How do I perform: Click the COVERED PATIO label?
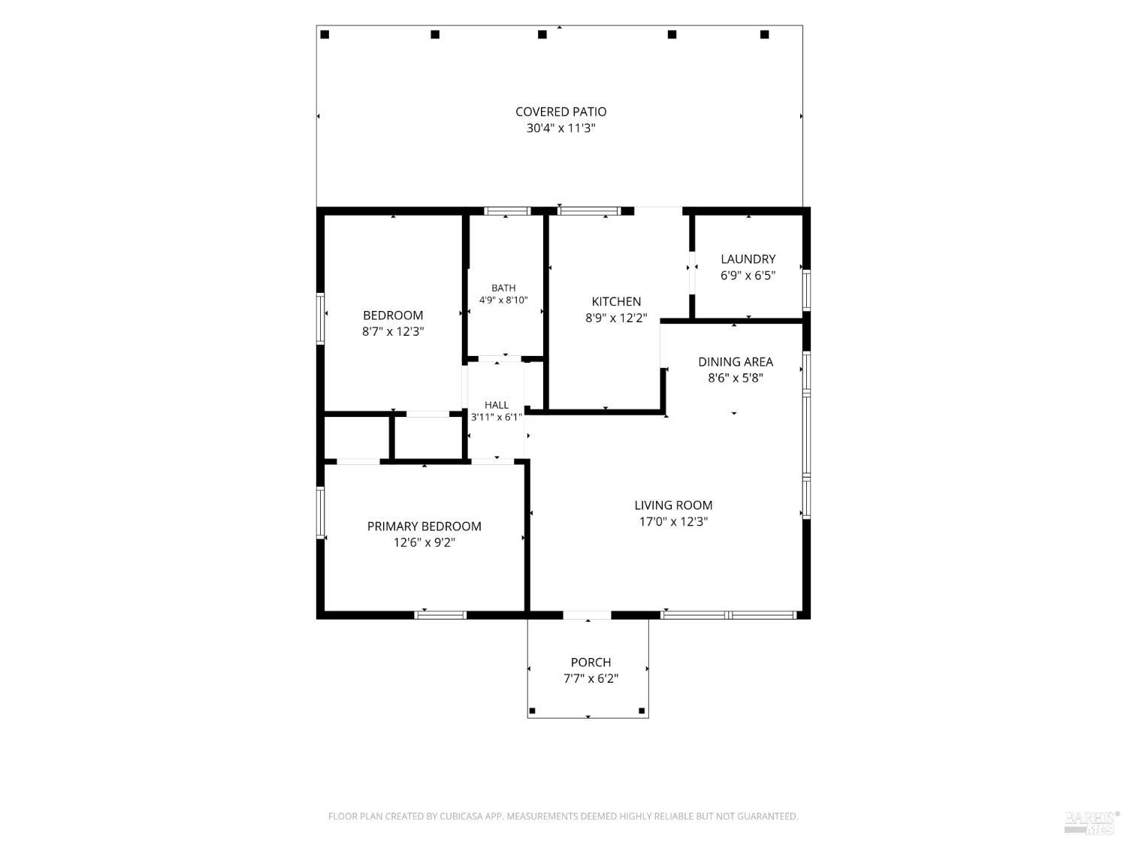pyautogui.click(x=560, y=112)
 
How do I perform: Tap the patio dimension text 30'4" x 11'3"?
pyautogui.click(x=560, y=128)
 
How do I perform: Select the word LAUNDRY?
pyautogui.click(x=748, y=259)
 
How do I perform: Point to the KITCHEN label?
pyautogui.click(x=616, y=302)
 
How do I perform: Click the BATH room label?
pyautogui.click(x=503, y=288)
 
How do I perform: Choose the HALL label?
pyautogui.click(x=497, y=405)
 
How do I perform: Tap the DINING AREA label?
pyautogui.click(x=736, y=362)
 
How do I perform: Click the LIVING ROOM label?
pyautogui.click(x=673, y=505)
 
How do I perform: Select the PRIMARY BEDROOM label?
pyautogui.click(x=424, y=527)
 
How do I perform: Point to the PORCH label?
pyautogui.click(x=591, y=662)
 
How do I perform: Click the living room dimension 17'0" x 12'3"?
pyautogui.click(x=673, y=522)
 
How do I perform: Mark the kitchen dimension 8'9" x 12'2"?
pyautogui.click(x=616, y=318)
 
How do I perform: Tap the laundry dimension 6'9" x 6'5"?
pyautogui.click(x=748, y=276)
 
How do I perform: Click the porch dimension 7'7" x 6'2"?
pyautogui.click(x=591, y=679)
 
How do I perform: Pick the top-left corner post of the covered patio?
pyautogui.click(x=325, y=35)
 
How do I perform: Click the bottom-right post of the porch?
pyautogui.click(x=642, y=711)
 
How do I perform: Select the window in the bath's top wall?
pyautogui.click(x=507, y=211)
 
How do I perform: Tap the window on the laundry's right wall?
pyautogui.click(x=806, y=290)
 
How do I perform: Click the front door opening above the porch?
pyautogui.click(x=587, y=615)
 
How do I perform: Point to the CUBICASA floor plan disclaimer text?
pyautogui.click(x=563, y=816)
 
